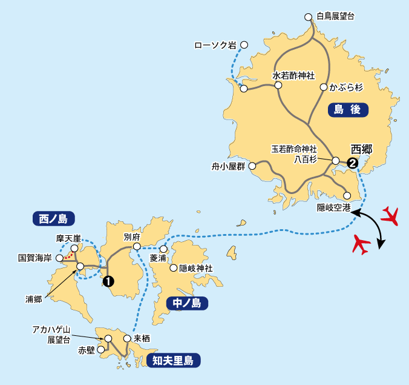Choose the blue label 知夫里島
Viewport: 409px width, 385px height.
pyautogui.click(x=172, y=361)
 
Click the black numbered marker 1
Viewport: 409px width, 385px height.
pyautogui.click(x=108, y=281)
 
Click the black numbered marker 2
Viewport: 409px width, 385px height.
pyautogui.click(x=352, y=162)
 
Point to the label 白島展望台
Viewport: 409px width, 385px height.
pyautogui.click(x=335, y=16)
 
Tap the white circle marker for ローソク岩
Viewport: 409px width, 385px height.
pyautogui.click(x=244, y=44)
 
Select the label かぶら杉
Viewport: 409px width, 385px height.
pyautogui.click(x=346, y=87)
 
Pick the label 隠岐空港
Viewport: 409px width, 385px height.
pyautogui.click(x=333, y=207)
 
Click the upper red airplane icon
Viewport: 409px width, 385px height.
pyautogui.click(x=391, y=215)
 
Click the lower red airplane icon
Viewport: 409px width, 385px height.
pyautogui.click(x=361, y=244)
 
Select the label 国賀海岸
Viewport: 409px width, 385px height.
pyautogui.click(x=35, y=258)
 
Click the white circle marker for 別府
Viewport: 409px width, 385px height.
pyautogui.click(x=137, y=247)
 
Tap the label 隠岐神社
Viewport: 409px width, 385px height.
pyautogui.click(x=198, y=267)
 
